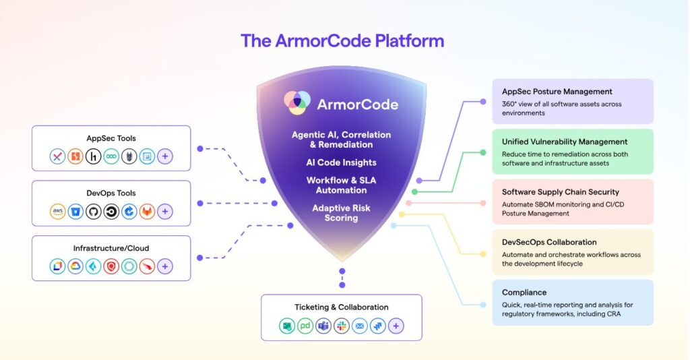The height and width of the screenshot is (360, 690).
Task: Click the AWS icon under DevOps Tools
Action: pyautogui.click(x=58, y=212)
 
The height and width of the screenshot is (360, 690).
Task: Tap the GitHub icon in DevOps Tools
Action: pyautogui.click(x=94, y=212)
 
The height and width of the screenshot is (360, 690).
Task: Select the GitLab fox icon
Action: pyautogui.click(x=147, y=212)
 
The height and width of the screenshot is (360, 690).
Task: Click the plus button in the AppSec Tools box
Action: pyautogui.click(x=165, y=156)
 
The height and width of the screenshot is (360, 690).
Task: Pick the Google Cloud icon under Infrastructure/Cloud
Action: pyautogui.click(x=75, y=266)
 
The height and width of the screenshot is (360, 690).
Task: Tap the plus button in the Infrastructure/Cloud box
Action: pyautogui.click(x=165, y=266)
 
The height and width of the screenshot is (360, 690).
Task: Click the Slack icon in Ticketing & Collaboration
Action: pyautogui.click(x=342, y=326)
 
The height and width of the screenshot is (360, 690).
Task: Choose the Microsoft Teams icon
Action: pyautogui.click(x=323, y=326)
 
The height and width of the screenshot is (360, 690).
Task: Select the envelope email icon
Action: pyautogui.click(x=360, y=326)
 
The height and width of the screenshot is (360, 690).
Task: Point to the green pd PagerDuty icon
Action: pyautogui.click(x=305, y=326)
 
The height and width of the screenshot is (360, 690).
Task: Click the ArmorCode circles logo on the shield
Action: pyautogui.click(x=296, y=103)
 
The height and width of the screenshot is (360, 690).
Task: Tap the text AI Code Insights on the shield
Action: pyautogui.click(x=342, y=162)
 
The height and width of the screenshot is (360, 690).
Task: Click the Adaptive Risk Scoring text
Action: pyautogui.click(x=342, y=213)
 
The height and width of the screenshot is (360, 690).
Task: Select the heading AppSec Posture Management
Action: pyautogui.click(x=557, y=92)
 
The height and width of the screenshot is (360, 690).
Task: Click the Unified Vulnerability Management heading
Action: pyautogui.click(x=565, y=142)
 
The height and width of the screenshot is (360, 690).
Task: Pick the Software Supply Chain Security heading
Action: pyautogui.click(x=560, y=192)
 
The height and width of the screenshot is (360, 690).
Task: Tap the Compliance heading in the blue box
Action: pyautogui.click(x=524, y=293)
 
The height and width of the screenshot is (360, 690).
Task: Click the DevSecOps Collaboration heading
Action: pyautogui.click(x=549, y=242)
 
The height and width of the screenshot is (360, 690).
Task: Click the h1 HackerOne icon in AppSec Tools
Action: pyautogui.click(x=94, y=156)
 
